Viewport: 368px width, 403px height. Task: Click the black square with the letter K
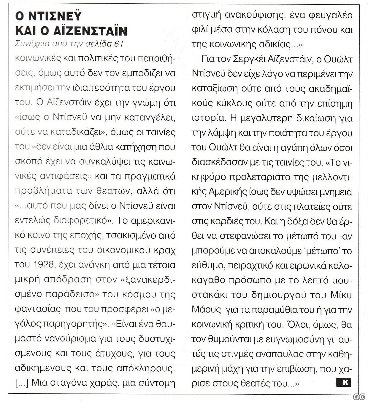coord(344,382)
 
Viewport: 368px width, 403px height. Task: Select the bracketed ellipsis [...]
coord(22,383)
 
